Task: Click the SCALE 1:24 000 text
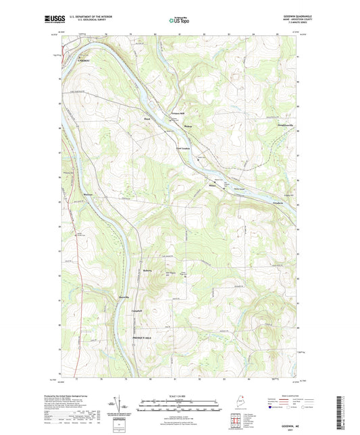[x=179, y=395]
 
